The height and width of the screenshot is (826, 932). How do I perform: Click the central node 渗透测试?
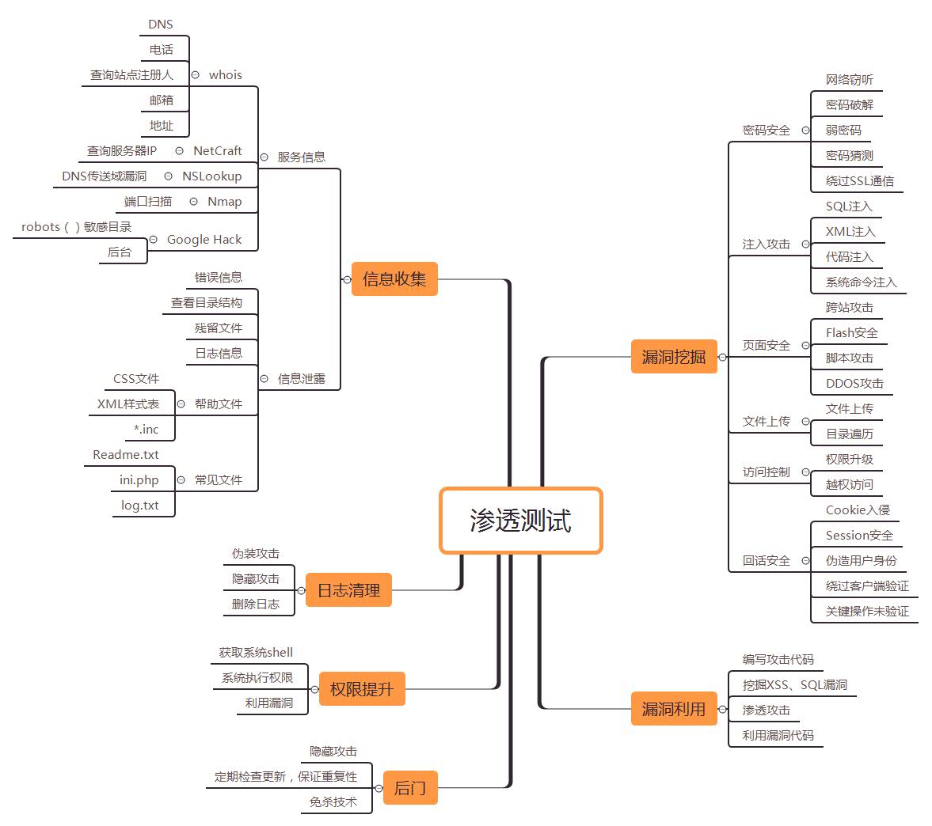pos(520,521)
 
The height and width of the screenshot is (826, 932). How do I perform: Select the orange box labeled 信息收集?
pos(394,278)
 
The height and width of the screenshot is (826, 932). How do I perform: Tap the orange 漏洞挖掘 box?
pos(673,357)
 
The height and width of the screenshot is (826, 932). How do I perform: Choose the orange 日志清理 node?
pos(348,590)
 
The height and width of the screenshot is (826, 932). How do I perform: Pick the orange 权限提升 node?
pos(361,689)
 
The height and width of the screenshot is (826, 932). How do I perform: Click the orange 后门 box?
pos(409,788)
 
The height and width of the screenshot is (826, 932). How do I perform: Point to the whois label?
pos(225,75)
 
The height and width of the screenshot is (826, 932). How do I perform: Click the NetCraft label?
pos(217,151)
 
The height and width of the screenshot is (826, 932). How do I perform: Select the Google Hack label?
pos(204,240)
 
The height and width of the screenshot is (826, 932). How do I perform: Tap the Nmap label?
pos(224,202)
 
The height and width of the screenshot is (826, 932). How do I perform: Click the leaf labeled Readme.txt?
pos(126,455)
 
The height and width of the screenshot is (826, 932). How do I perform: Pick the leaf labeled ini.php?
pos(139,480)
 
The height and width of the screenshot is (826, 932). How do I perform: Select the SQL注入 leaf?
pos(849,206)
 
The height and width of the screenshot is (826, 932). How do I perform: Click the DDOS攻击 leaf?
pos(854,384)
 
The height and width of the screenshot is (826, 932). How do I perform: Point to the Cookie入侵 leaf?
pos(858,510)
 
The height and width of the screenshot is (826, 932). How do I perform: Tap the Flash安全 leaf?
pos(851,333)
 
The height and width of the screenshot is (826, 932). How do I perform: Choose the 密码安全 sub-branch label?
pos(766,131)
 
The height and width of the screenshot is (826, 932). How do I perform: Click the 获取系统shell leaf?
pos(256,653)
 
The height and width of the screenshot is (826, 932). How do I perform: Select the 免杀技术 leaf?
pos(333,802)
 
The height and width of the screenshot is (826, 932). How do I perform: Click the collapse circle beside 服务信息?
pos(264,157)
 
